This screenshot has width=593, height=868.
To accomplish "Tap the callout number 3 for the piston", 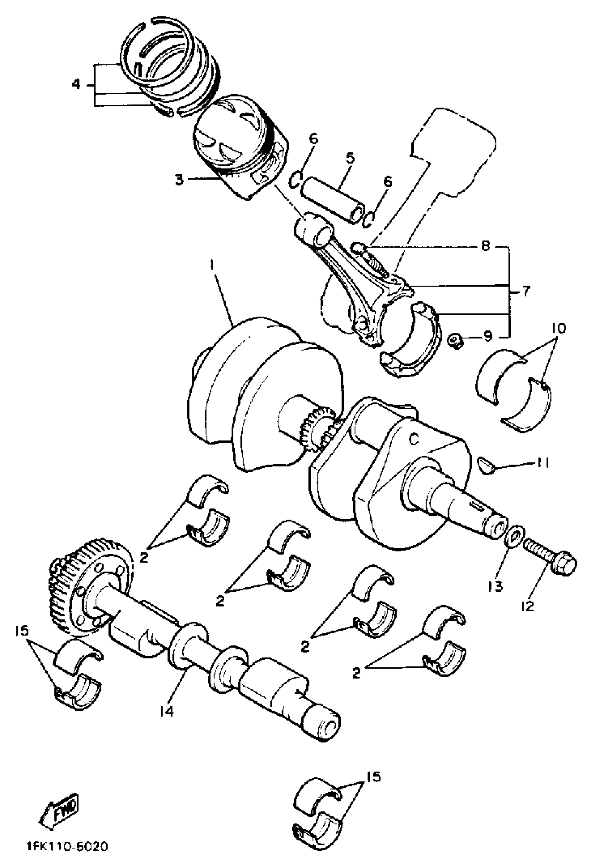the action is [x=179, y=180].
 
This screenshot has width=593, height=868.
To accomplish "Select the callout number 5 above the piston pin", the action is [x=350, y=158].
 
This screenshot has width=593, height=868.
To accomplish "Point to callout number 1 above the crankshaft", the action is [x=212, y=265].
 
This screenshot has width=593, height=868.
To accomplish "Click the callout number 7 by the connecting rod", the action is [x=526, y=291].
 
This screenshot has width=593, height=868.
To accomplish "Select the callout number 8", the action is [x=485, y=247].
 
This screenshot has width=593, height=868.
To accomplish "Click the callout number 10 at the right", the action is [x=558, y=328].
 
